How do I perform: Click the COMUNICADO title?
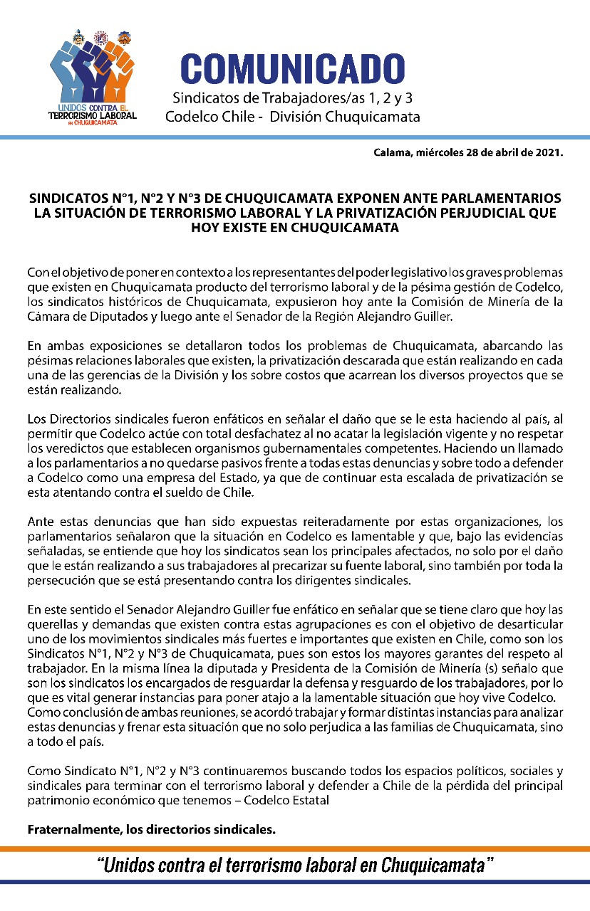pos(293,70)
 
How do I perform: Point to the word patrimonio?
pos(58,799)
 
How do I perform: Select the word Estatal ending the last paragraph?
pos(330,799)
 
